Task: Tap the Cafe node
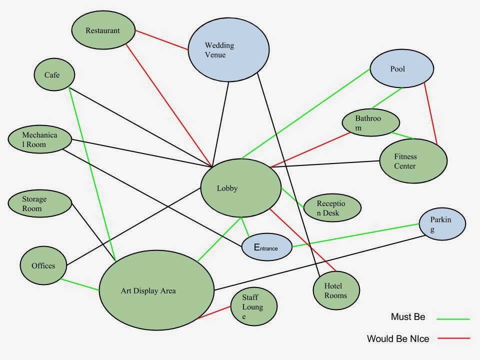(x=54, y=75)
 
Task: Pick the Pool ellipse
(x=401, y=69)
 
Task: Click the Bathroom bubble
(x=370, y=122)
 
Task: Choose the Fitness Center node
(x=412, y=161)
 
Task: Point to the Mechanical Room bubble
(x=40, y=139)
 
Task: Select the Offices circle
(x=43, y=265)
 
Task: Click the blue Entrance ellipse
(x=266, y=247)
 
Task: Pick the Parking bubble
(x=441, y=224)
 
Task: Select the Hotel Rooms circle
(x=336, y=290)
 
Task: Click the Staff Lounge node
(x=253, y=306)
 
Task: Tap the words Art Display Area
(x=148, y=290)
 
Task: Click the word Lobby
(x=227, y=188)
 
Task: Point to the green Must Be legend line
(x=453, y=318)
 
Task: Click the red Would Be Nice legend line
(x=453, y=338)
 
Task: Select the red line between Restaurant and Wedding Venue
(x=161, y=40)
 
